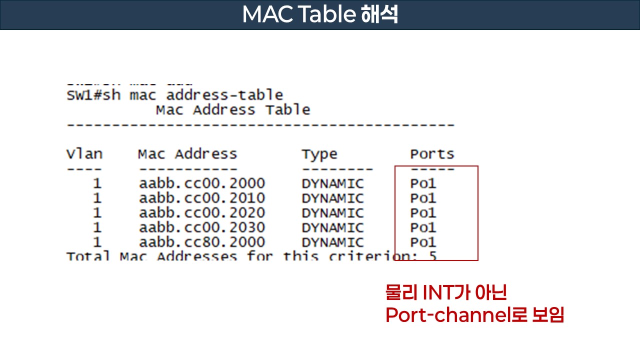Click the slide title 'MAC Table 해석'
(320, 14)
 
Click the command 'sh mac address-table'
(206, 95)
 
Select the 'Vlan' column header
(84, 154)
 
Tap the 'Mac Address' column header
(187, 154)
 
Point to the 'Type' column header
(319, 154)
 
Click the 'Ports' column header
(432, 154)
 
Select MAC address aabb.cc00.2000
(201, 183)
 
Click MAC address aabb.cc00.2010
(201, 198)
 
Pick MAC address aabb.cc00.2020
(201, 213)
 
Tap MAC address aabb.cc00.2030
(201, 227)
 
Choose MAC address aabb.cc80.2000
(201, 242)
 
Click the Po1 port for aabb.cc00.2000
(423, 183)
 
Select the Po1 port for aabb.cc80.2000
(423, 242)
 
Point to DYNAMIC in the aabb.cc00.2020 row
(332, 213)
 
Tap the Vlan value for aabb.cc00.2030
(97, 227)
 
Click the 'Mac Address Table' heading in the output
(232, 110)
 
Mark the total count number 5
(432, 256)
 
